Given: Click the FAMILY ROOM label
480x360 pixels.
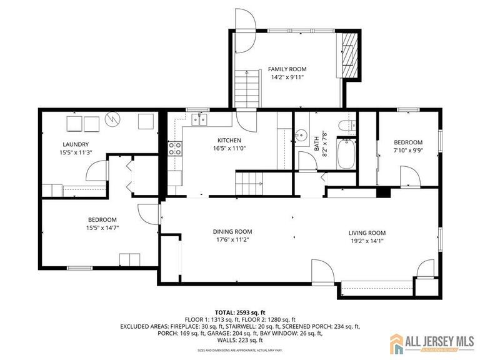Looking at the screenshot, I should (287, 69).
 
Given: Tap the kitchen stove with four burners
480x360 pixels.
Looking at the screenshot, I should (175, 148).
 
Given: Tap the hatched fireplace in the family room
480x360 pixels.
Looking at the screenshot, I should (349, 53).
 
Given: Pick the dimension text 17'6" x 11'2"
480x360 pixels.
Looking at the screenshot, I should (232, 239).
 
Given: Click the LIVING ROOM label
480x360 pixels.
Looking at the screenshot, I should (367, 233).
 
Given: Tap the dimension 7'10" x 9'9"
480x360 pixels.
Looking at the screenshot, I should (407, 151).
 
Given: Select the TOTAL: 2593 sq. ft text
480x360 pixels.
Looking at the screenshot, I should (240, 311).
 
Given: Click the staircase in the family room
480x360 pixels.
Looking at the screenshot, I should (247, 88).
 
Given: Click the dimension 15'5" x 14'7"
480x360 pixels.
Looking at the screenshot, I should (102, 228).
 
